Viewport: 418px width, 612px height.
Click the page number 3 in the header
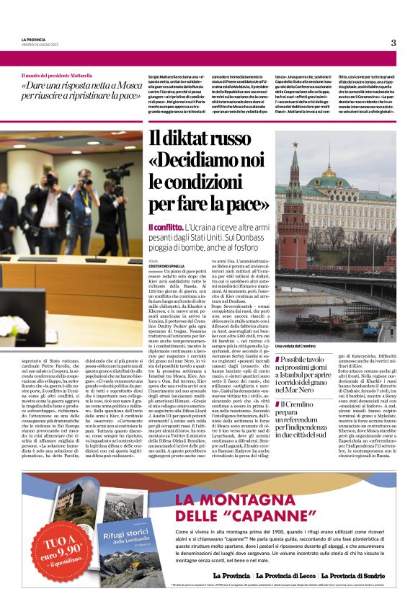[393, 43]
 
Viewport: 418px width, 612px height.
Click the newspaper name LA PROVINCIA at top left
[33, 40]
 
